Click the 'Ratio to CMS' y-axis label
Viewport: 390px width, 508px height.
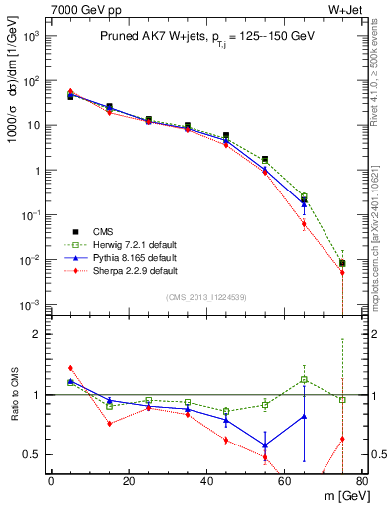click(x=15, y=395)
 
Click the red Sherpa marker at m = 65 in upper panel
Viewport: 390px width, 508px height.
click(x=304, y=224)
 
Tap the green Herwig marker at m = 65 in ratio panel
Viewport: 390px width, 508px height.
click(x=304, y=379)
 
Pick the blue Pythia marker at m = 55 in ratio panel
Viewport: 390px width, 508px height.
click(x=265, y=444)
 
